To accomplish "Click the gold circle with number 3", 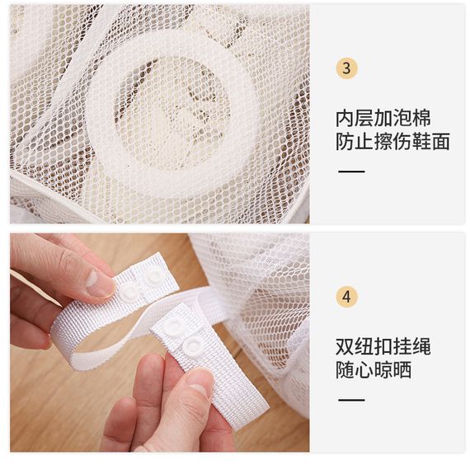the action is (x=346, y=68).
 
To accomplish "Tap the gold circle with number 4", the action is (x=346, y=297).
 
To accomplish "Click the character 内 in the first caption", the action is (x=345, y=119).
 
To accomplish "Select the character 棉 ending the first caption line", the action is (x=421, y=119).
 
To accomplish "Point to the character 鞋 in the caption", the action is (x=421, y=142).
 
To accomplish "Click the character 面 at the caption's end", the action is (x=440, y=142).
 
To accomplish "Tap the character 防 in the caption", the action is (x=345, y=142).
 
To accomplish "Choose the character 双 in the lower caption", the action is (x=345, y=347).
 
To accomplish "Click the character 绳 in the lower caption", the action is (x=421, y=347).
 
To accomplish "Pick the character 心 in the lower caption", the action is (x=364, y=369).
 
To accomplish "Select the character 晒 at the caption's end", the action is (x=402, y=369).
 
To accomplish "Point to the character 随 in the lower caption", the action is (x=345, y=369).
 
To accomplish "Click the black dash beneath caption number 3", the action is (x=351, y=171).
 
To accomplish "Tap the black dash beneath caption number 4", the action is (x=351, y=400).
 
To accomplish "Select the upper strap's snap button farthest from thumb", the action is (x=153, y=275).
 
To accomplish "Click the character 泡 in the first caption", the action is (x=402, y=119).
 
